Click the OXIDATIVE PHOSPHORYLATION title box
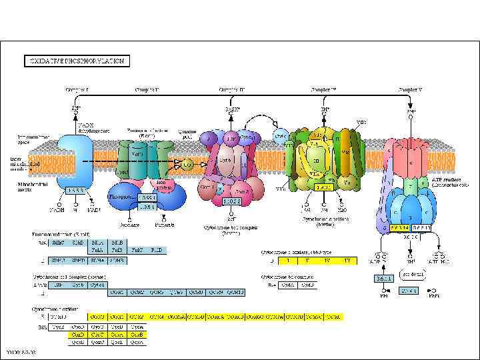click(x=75, y=61)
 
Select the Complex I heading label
click(x=77, y=89)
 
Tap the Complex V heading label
click(x=409, y=89)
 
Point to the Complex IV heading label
click(x=325, y=89)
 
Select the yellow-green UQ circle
click(x=189, y=163)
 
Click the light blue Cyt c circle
click(x=281, y=135)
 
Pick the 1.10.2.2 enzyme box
click(x=231, y=201)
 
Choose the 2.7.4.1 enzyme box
click(x=408, y=291)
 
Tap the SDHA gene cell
click(x=99, y=260)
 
